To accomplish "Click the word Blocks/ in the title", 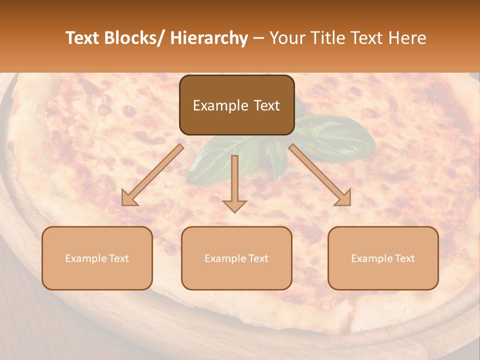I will tap(133, 38).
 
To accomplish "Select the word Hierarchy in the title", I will tap(209, 38).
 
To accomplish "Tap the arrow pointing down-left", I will tap(152, 175).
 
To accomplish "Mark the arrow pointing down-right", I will tap(320, 175).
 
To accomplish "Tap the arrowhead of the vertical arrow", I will tap(234, 205).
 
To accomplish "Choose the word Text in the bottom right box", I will tap(404, 258).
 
